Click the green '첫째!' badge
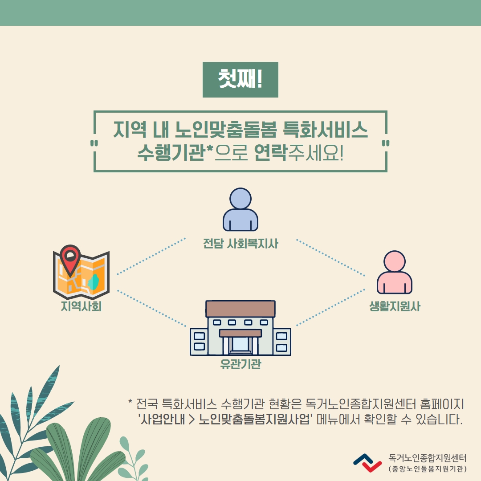[240, 80]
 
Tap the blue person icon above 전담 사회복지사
[240, 209]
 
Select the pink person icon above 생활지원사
[395, 272]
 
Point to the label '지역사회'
[81, 306]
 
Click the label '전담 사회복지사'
[240, 244]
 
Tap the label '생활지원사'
[395, 306]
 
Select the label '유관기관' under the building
[240, 364]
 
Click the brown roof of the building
[240, 309]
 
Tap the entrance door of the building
[240, 344]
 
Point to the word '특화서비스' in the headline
[325, 129]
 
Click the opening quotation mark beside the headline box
[94, 143]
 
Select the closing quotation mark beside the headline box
[386, 143]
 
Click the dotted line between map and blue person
[151, 256]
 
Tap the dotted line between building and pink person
[330, 307]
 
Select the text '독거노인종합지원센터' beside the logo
[427, 458]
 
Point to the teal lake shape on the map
[94, 282]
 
